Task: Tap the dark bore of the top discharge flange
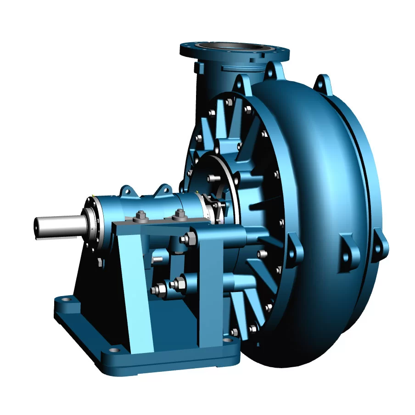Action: point(234,47)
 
